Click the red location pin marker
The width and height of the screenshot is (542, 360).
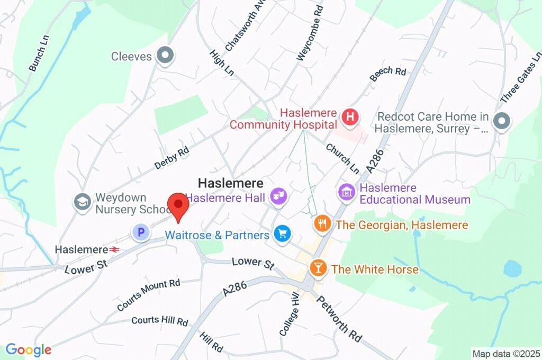point(178,206)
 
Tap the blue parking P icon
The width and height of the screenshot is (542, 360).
point(141,231)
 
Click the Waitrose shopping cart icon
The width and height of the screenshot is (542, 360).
point(282,233)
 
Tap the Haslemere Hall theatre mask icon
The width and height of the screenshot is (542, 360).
point(278,197)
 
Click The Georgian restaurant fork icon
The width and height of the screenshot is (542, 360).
point(322,223)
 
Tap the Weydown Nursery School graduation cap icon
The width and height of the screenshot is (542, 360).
point(82,202)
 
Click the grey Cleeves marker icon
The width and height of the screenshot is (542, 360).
point(166,56)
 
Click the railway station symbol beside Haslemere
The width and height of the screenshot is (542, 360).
point(114,249)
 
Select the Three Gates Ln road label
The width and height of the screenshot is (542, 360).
point(521,77)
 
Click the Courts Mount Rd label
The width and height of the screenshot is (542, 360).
point(149,295)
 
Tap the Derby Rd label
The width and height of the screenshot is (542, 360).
point(172,158)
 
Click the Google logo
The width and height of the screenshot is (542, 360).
point(29,349)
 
